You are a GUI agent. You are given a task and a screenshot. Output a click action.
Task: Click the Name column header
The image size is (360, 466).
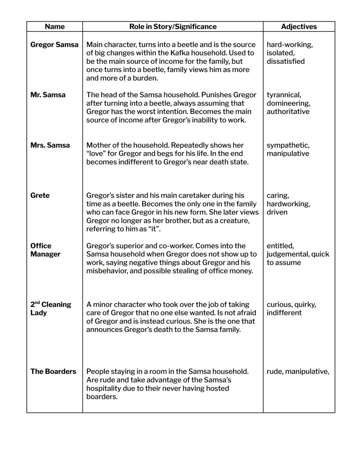(55, 27)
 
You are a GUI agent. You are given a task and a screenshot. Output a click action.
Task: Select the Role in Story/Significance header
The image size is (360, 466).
(173, 27)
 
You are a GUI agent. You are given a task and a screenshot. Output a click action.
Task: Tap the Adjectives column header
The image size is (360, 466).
(299, 27)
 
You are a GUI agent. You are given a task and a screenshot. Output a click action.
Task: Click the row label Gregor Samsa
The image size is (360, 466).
(54, 45)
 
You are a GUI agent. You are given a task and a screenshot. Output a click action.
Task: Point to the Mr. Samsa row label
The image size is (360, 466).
(48, 95)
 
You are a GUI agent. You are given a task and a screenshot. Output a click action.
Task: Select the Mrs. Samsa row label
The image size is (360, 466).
(50, 145)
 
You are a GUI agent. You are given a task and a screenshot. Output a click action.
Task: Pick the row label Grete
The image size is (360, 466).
(40, 195)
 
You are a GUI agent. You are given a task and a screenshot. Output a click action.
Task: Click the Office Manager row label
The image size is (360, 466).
(45, 250)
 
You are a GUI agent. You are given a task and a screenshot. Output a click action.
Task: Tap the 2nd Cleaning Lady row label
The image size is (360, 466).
(51, 309)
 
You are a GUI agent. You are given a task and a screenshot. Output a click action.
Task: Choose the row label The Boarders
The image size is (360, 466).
(53, 372)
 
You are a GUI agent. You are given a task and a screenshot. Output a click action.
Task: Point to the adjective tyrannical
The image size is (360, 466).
(284, 95)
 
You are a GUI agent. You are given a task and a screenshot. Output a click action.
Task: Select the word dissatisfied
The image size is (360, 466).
(285, 61)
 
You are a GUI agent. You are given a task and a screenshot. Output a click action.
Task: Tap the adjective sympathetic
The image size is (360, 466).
(288, 145)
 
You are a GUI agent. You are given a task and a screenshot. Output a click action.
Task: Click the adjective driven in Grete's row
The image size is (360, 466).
(277, 212)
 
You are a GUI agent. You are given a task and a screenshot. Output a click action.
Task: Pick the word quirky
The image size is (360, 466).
(304, 305)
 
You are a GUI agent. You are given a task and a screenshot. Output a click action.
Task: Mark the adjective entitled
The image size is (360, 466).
(280, 246)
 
